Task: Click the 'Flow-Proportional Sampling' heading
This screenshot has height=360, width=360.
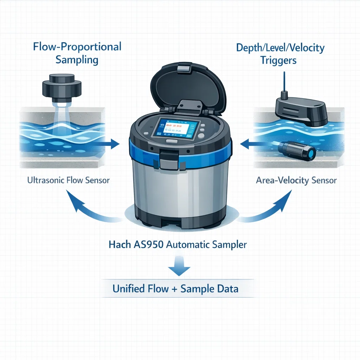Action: [x=77, y=53]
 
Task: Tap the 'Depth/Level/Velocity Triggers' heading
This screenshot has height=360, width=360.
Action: [x=280, y=54]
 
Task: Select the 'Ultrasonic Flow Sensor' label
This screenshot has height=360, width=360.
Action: [x=69, y=180]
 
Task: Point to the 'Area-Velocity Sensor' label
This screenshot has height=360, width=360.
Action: [x=296, y=180]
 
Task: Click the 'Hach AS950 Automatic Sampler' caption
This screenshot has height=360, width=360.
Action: [x=178, y=245]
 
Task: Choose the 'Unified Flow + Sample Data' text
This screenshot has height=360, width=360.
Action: [x=175, y=289]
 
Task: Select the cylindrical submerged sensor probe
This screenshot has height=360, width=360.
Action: [x=297, y=150]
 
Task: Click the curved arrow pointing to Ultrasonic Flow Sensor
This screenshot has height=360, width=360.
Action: [x=90, y=208]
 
